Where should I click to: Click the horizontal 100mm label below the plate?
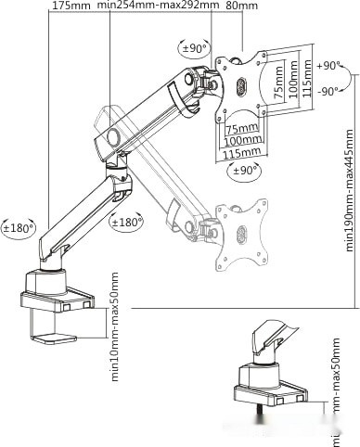click(244, 141)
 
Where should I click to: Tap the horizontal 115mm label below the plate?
click(244, 154)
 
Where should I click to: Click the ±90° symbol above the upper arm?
click(195, 47)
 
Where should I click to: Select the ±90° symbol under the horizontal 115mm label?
click(244, 172)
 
